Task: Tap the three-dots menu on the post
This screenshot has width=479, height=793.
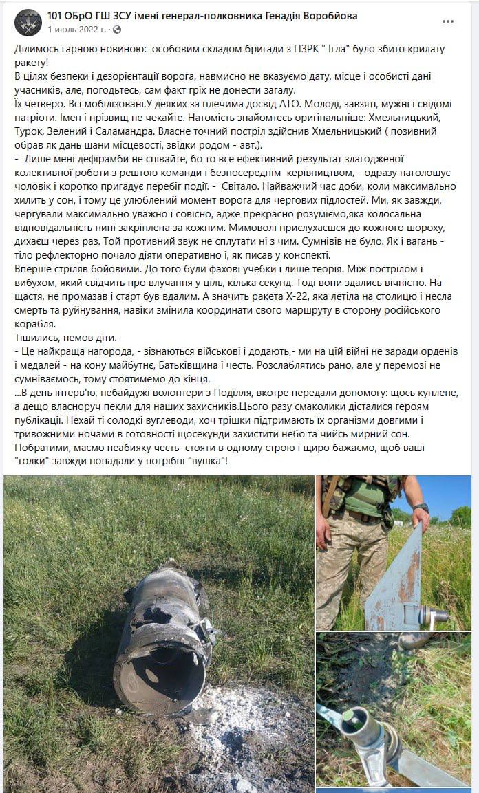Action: pyautogui.click(x=447, y=21)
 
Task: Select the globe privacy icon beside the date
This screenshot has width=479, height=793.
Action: pyautogui.click(x=116, y=30)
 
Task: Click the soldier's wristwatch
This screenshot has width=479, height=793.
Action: pyautogui.click(x=420, y=508)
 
